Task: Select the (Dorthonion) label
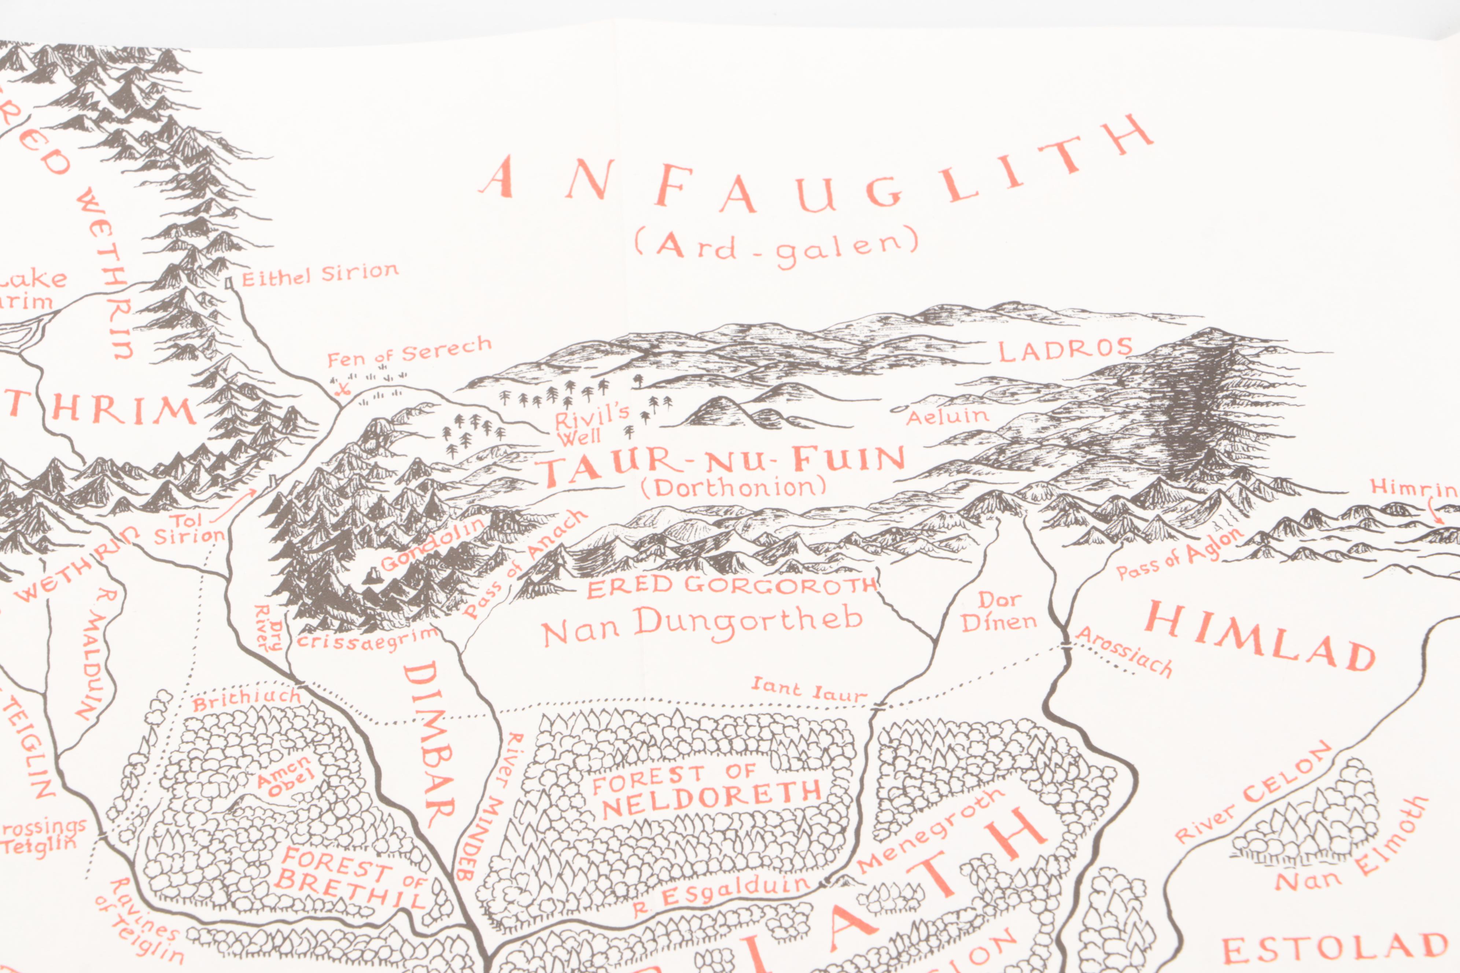[734, 488]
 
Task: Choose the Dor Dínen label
[998, 611]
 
